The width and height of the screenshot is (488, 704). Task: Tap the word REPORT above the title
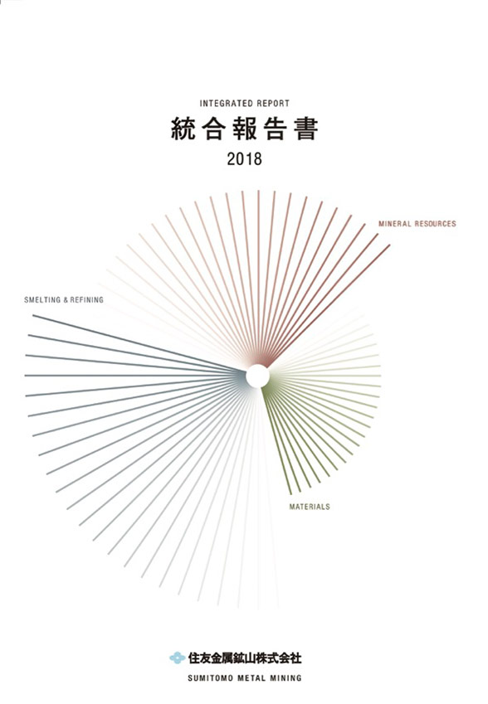tap(274, 104)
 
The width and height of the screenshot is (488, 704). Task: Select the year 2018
tap(245, 159)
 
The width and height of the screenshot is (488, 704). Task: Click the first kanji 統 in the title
tap(183, 129)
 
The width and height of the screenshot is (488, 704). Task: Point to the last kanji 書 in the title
tap(306, 129)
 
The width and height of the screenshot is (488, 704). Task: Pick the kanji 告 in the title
tap(275, 129)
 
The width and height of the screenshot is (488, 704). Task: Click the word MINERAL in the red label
tap(394, 224)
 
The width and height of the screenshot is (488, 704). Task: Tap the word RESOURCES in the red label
tap(436, 224)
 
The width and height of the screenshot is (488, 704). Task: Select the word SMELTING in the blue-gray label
tap(42, 299)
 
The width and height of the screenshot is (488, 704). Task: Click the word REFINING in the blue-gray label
tap(86, 299)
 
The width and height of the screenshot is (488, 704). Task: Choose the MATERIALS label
tap(310, 507)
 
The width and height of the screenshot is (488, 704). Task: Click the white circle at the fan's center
tap(257, 376)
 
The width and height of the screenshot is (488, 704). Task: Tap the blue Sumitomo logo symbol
tap(178, 658)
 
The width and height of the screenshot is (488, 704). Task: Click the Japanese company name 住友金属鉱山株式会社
tap(245, 658)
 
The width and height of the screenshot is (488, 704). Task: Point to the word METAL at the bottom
tap(251, 678)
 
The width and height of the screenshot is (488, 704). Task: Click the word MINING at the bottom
tap(285, 678)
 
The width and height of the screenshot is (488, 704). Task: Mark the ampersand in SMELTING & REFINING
tap(66, 299)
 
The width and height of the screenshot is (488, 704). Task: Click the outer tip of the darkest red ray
tap(389, 245)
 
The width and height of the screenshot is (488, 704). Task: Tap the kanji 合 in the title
tap(214, 129)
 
